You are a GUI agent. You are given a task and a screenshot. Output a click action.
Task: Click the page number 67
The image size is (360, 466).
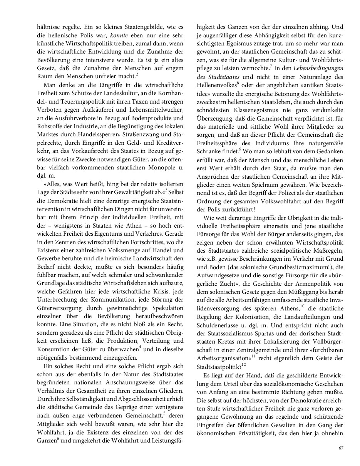(341, 448)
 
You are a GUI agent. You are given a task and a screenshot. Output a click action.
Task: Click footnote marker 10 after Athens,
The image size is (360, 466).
(303, 306)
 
